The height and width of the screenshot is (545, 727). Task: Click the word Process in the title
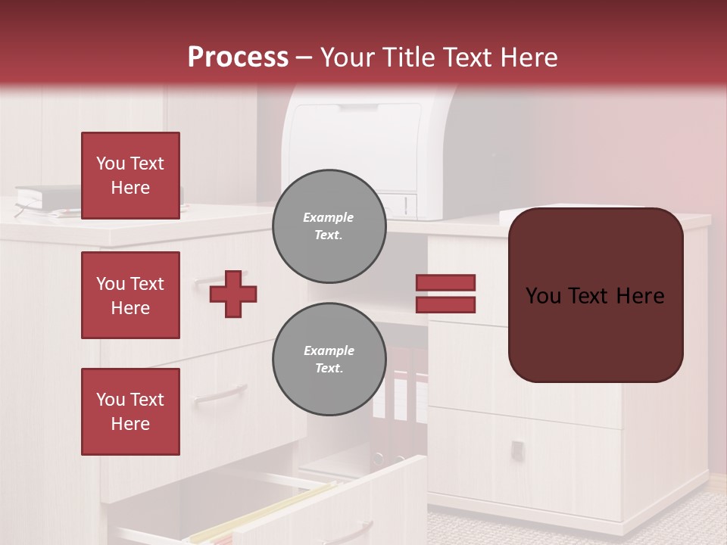(x=238, y=58)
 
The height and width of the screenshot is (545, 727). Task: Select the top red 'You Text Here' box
(x=130, y=176)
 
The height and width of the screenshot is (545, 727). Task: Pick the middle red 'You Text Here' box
(x=130, y=295)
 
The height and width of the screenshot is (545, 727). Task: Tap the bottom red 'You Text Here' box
(x=130, y=411)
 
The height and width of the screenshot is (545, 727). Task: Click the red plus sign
(x=233, y=294)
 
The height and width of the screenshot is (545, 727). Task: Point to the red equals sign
(x=445, y=294)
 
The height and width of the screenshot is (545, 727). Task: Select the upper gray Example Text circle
(x=329, y=226)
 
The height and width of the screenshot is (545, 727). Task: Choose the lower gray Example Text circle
(x=329, y=360)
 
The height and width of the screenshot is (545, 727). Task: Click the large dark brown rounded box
(x=595, y=295)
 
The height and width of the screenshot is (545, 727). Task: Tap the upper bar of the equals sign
(x=445, y=283)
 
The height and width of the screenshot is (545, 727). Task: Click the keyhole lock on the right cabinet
(x=517, y=449)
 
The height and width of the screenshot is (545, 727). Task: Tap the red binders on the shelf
(x=401, y=409)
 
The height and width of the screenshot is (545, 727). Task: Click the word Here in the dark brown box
(x=640, y=296)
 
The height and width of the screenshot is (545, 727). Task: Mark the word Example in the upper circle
(x=328, y=217)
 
